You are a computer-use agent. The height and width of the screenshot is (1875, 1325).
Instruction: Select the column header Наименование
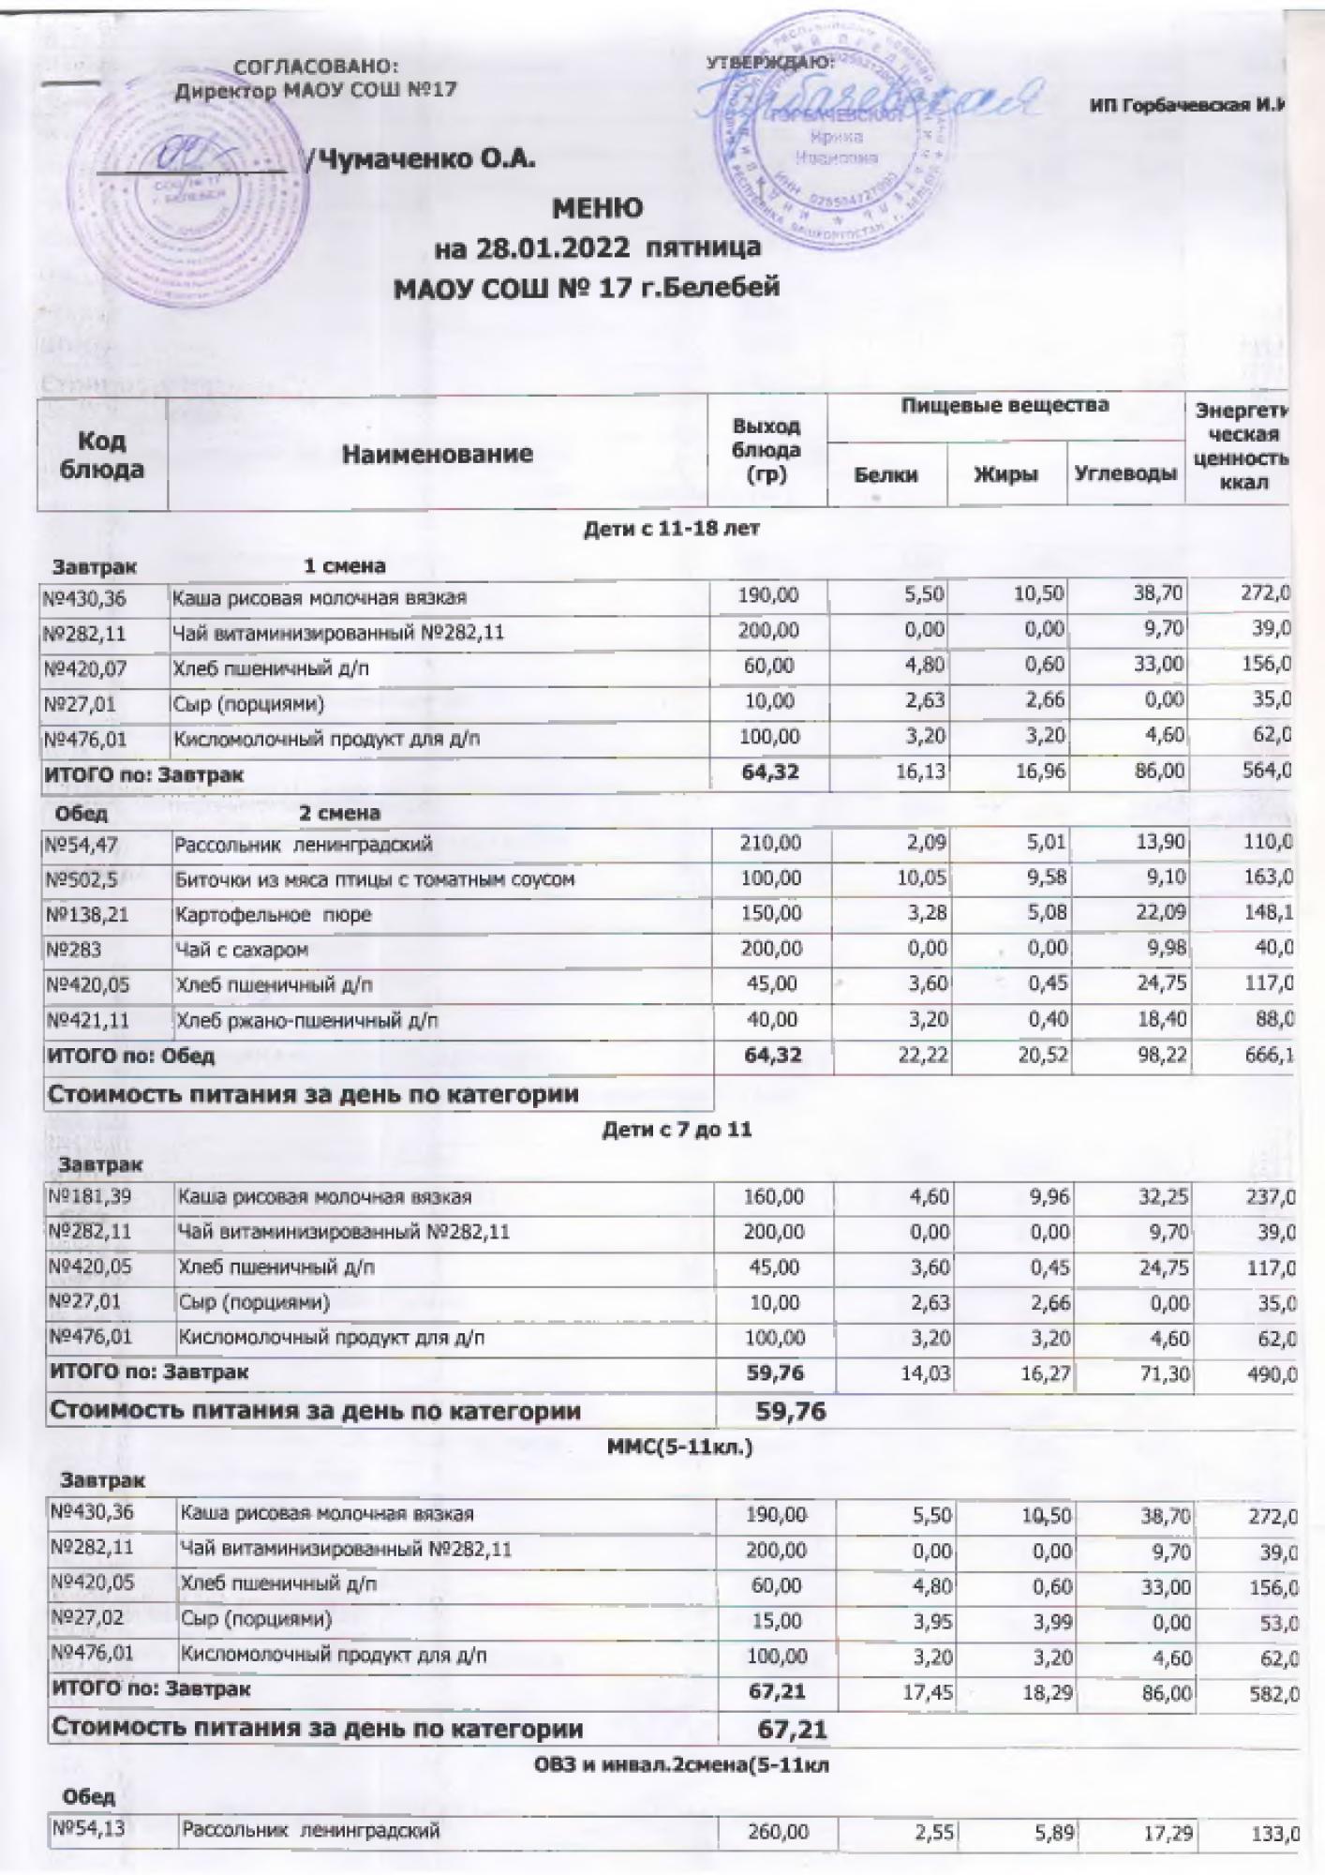click(438, 455)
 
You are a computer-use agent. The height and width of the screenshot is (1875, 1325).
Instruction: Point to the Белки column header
click(886, 474)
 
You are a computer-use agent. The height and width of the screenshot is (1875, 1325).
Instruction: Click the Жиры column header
click(1005, 474)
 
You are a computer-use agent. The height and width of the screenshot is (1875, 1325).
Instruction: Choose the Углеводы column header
click(1124, 474)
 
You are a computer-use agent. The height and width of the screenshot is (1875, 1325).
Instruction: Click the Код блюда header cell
click(102, 455)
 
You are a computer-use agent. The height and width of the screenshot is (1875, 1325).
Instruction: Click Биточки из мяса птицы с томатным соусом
click(374, 879)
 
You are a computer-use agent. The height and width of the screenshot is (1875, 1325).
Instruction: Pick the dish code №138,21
click(86, 915)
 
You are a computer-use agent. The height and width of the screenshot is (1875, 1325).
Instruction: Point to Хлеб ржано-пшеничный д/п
click(307, 1021)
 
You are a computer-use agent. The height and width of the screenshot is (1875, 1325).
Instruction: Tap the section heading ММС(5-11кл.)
click(680, 1447)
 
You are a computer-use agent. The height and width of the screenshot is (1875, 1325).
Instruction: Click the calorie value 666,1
click(1272, 1057)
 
